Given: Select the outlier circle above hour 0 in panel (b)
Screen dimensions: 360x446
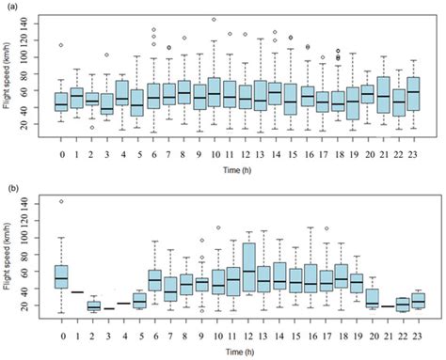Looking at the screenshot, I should point(61,201).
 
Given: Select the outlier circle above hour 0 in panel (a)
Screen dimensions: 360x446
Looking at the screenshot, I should point(61,45).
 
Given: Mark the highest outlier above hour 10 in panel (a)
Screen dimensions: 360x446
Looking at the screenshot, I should point(214,19).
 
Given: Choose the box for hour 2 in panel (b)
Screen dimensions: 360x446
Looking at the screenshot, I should point(92,306).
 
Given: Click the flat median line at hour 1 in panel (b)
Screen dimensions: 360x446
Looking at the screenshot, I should point(77,292).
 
